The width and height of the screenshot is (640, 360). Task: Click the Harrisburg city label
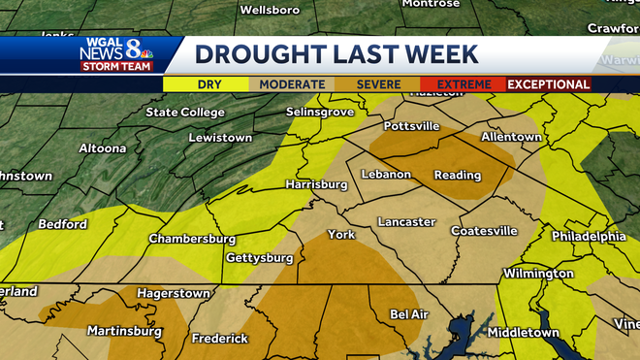tap(316, 184)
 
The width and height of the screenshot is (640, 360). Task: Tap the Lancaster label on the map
tap(406, 222)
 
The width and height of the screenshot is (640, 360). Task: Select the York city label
tap(341, 235)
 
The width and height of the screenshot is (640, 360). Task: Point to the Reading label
tap(457, 176)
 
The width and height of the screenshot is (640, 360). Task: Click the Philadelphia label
tap(588, 236)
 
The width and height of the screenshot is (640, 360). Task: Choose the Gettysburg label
tap(259, 258)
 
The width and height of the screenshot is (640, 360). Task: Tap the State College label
tap(184, 113)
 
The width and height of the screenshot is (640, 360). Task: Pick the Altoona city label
tap(102, 148)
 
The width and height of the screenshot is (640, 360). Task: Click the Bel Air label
tap(408, 314)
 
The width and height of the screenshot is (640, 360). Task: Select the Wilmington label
tap(538, 274)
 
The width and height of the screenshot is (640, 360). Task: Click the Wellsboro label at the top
tap(267, 10)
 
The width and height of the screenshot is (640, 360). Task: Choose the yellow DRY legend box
tap(209, 84)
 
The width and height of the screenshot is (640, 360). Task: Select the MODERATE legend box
tap(292, 84)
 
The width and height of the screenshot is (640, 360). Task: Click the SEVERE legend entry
tap(378, 84)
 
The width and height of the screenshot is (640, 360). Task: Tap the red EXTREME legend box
tap(463, 84)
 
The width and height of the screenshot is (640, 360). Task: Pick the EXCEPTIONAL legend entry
tap(549, 84)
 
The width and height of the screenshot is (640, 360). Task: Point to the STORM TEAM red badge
tap(109, 66)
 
